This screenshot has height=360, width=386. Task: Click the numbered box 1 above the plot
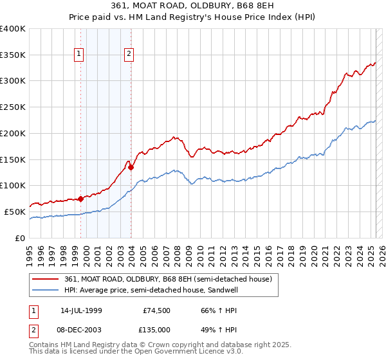(79, 55)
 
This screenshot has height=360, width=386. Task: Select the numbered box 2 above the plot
(129, 55)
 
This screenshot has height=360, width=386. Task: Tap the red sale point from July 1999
(80, 199)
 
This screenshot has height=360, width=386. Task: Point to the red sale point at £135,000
(131, 167)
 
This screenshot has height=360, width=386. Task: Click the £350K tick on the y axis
(13, 55)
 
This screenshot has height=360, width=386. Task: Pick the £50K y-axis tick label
(15, 212)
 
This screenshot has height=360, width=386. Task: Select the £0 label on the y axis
(21, 238)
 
